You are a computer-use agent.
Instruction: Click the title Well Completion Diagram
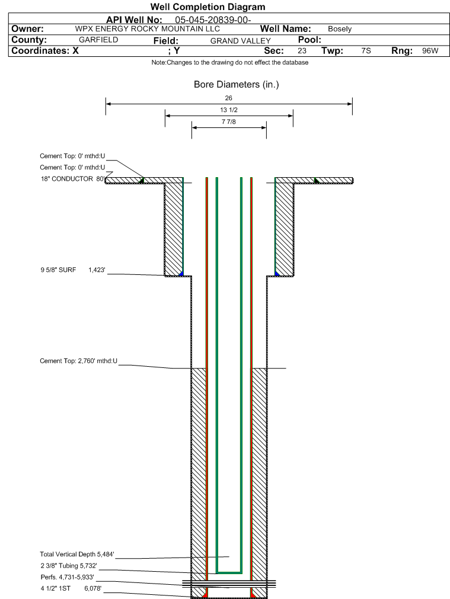pyautogui.click(x=208, y=7)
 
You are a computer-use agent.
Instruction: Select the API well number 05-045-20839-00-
pyautogui.click(x=213, y=20)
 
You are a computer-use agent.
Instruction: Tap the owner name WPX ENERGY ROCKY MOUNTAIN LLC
pyautogui.click(x=148, y=29)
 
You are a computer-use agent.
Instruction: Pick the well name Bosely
pyautogui.click(x=340, y=29)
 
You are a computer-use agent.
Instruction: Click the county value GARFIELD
pyautogui.click(x=98, y=40)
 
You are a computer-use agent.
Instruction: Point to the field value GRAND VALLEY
pyautogui.click(x=241, y=41)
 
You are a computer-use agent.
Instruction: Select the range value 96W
pyautogui.click(x=430, y=51)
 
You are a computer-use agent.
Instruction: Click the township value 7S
pyautogui.click(x=366, y=51)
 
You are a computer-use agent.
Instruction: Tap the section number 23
pyautogui.click(x=302, y=51)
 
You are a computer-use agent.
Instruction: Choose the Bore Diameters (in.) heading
pyautogui.click(x=237, y=84)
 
